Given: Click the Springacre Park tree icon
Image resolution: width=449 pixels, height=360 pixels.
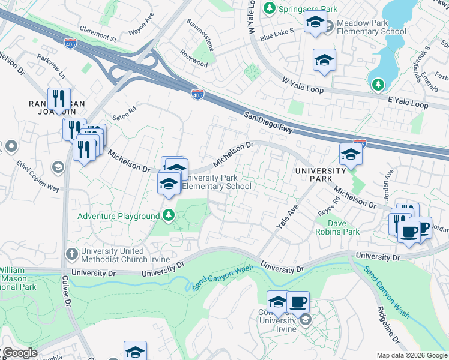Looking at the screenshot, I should [270, 8].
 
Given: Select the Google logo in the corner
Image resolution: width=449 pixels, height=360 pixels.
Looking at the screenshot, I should [19, 353].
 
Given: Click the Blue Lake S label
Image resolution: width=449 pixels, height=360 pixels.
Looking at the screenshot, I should [276, 34].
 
